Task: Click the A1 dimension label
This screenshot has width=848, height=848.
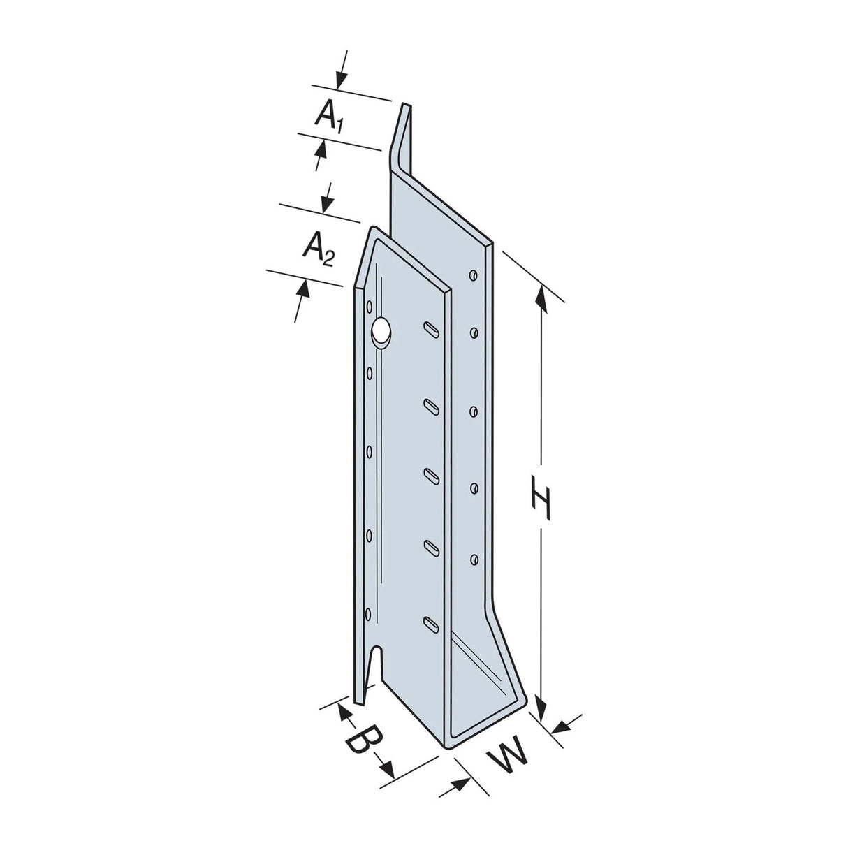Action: coord(329,116)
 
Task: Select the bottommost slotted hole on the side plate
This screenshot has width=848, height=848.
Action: coord(431,622)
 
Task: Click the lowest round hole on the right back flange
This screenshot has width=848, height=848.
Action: coord(474,558)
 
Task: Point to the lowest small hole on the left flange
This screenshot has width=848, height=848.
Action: coord(370,615)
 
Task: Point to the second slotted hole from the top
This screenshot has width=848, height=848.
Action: coord(431,404)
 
